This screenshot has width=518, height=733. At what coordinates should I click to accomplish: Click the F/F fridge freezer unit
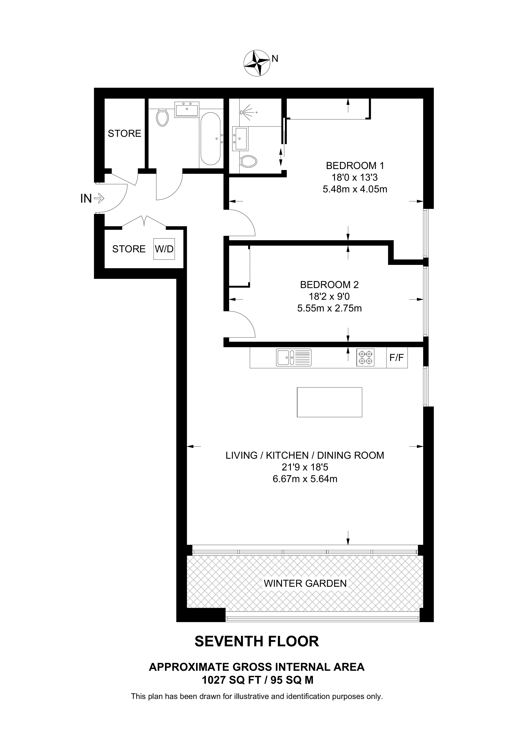coord(397,358)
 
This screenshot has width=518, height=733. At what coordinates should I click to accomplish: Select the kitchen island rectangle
coord(329,402)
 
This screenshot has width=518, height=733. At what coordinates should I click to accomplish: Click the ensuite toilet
coord(249,162)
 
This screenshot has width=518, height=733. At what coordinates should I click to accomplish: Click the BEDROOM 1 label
coord(355,166)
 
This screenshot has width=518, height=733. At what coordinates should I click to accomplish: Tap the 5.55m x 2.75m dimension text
coord(329,308)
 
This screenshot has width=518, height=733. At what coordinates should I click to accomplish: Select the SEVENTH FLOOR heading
coord(257,641)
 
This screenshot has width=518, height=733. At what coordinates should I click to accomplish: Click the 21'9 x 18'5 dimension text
coord(305,467)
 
